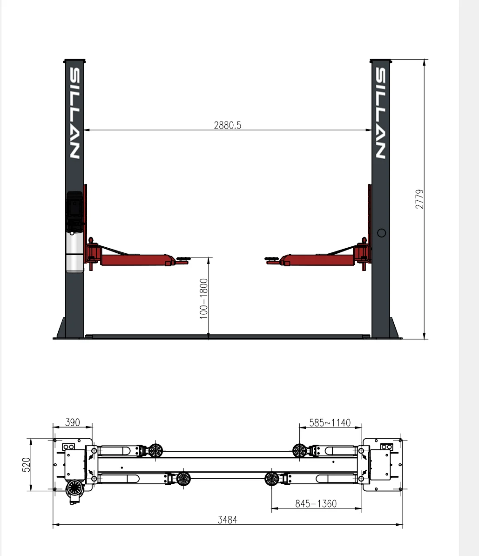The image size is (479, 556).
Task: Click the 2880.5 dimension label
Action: point(227,125)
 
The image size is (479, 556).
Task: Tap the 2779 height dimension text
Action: point(419,199)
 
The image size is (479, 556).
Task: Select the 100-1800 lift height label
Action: point(203,298)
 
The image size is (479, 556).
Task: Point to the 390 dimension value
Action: point(73,422)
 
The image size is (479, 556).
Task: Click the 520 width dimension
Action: point(26,465)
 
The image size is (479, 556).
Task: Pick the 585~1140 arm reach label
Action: point(330,423)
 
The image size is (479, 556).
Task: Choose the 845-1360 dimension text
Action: point(316,503)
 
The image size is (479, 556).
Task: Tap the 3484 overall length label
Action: point(227,520)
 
